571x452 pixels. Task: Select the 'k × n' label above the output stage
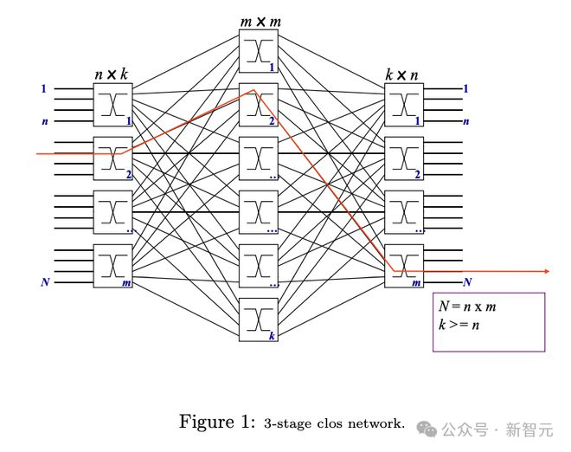(402, 75)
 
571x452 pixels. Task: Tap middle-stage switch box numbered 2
(258, 105)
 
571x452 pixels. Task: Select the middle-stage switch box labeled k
(258, 320)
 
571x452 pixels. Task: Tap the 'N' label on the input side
(44, 282)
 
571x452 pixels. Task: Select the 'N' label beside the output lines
(467, 282)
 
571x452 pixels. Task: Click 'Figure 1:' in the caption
(216, 422)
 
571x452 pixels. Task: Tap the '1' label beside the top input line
(44, 88)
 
